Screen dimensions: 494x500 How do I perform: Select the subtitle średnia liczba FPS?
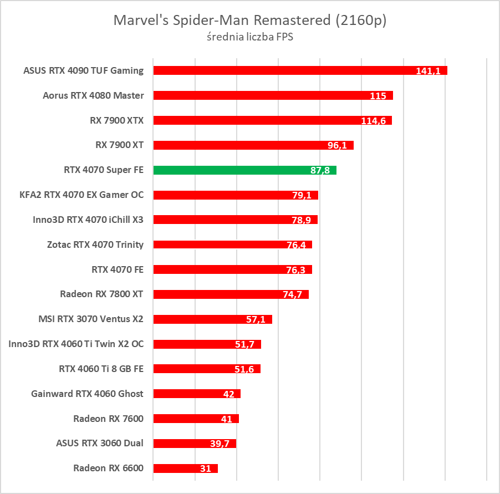tap(249, 38)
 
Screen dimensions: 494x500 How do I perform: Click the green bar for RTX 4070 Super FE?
tap(244, 170)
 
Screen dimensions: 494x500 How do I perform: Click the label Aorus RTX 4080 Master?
tap(93, 95)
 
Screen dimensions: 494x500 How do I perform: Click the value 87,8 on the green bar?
tap(320, 171)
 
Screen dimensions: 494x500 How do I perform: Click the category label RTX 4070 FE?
tap(118, 269)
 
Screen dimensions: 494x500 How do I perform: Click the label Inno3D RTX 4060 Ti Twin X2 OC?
tap(76, 344)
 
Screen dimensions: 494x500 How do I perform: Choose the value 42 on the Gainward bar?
tap(228, 394)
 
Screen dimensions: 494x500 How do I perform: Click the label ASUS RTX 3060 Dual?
tap(100, 443)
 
